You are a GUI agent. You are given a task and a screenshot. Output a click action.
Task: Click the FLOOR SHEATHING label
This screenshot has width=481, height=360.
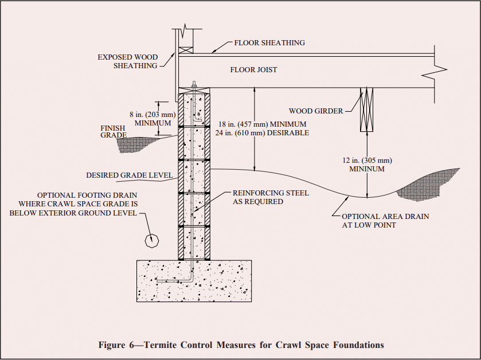(269, 43)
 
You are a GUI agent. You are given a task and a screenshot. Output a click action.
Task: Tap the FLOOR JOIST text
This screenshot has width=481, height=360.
(253, 70)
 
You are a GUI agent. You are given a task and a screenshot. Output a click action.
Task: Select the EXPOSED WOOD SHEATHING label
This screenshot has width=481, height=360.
(127, 61)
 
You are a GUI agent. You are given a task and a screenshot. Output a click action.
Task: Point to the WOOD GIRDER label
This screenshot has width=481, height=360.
(316, 111)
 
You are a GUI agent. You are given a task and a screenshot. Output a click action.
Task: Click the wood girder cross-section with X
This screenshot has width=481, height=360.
(366, 109)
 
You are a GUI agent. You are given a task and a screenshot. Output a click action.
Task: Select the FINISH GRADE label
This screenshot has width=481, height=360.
(112, 132)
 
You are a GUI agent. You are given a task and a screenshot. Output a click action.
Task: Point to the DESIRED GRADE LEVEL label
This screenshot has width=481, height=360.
(129, 175)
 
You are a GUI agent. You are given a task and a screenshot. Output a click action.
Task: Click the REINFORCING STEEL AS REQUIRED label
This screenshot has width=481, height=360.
(270, 197)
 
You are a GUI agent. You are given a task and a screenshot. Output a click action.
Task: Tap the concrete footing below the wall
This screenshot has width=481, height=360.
(194, 281)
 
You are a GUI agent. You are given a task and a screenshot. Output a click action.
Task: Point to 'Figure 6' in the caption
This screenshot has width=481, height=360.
(119, 345)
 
